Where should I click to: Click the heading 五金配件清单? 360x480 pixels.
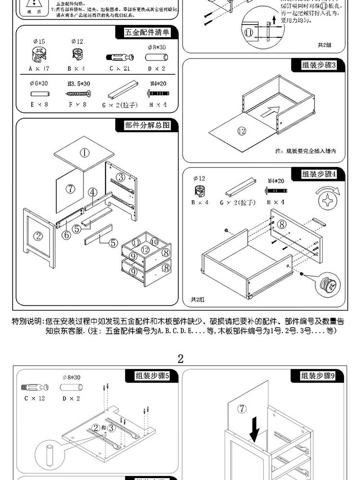147,33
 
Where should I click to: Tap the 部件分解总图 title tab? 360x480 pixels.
147,126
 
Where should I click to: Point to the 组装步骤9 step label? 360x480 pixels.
317,376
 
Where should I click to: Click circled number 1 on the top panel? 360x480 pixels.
84,153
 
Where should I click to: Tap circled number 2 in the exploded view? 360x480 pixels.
38,236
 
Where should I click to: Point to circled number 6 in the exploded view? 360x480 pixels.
66,235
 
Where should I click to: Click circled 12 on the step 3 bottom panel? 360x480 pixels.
241,131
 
